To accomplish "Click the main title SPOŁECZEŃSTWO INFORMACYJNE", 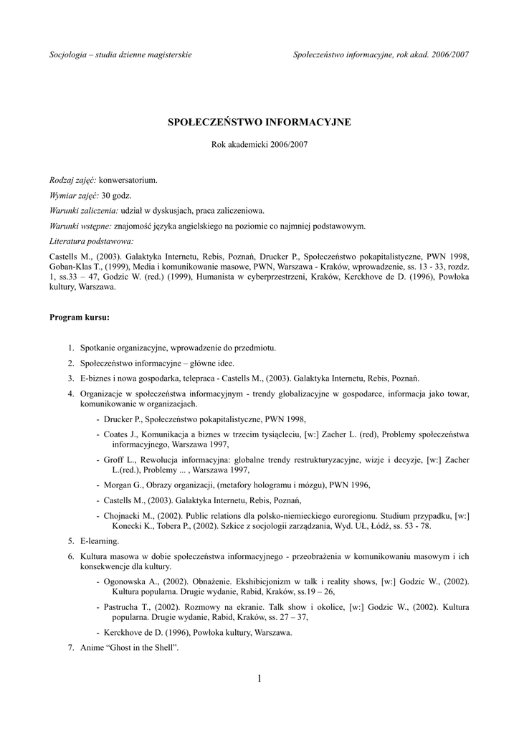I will tap(259, 122).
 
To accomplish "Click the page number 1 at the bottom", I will tap(259, 679).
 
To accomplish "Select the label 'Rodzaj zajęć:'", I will tap(72, 180).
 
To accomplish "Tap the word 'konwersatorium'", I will tap(128, 180).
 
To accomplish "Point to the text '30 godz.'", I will tap(117, 195).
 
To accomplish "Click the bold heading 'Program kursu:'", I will tap(79, 316).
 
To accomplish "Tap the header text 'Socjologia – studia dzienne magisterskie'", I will tap(120, 55).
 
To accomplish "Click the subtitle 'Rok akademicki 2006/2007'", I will tap(259, 144).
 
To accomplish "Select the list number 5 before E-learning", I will tap(71, 540).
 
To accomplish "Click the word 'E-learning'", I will tap(100, 540).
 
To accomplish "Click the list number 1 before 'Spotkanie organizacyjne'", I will tap(71, 348).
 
